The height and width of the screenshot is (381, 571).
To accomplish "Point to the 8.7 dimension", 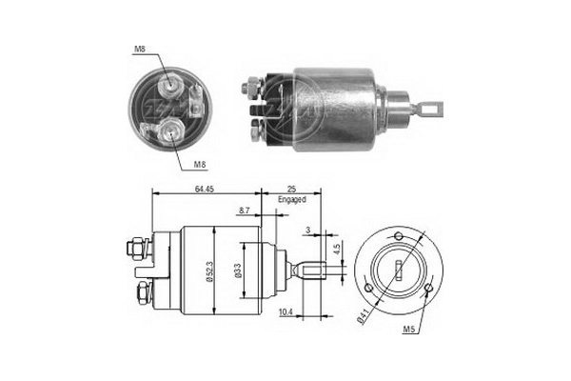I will coord(246,210).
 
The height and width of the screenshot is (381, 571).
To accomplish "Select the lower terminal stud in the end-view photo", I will coord(171,131).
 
